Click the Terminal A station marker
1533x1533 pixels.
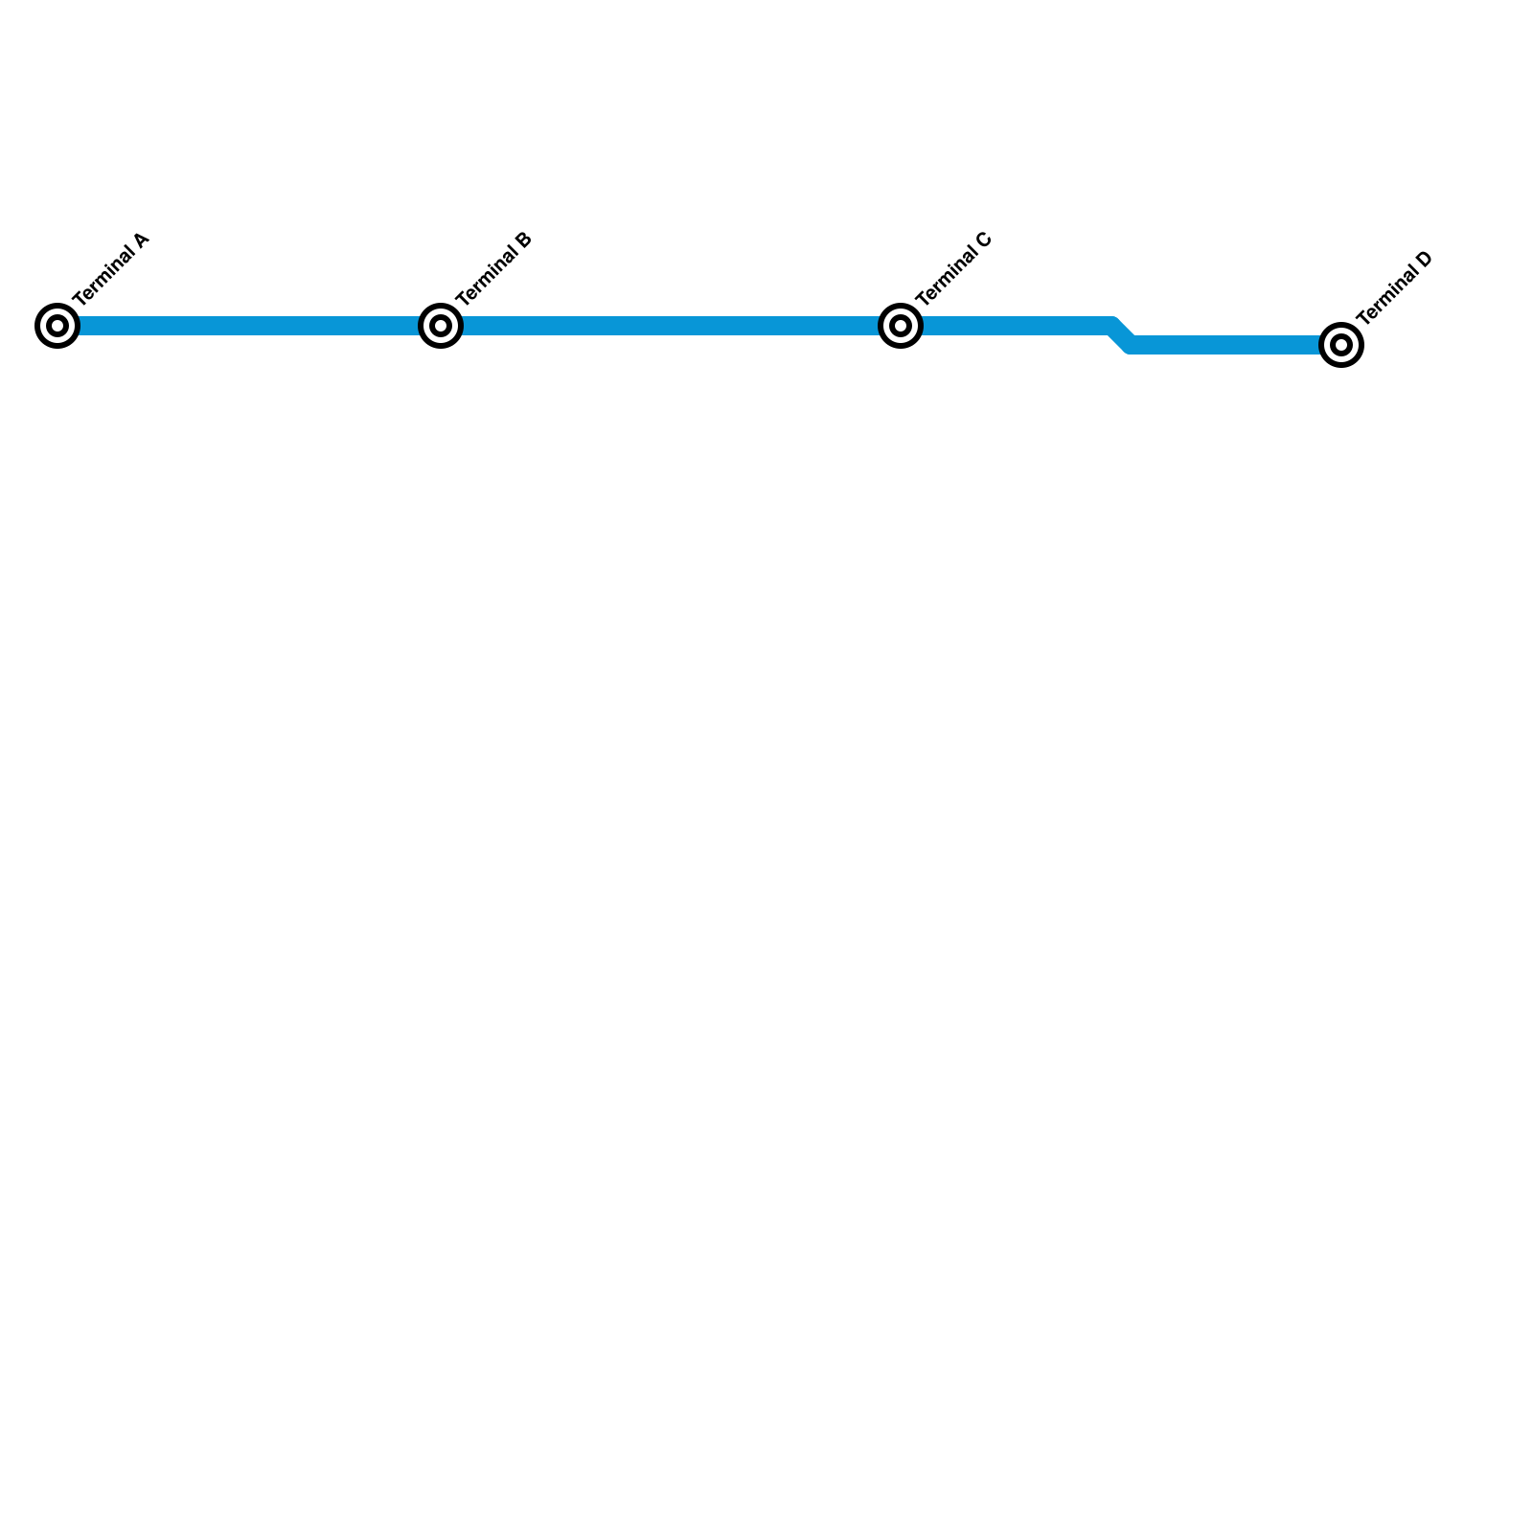coord(57,326)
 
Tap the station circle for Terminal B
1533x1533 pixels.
coord(441,326)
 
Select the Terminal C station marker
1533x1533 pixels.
coord(901,326)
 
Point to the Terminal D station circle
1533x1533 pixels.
coord(1341,345)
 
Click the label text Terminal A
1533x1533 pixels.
coord(111,269)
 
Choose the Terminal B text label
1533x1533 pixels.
coord(493,269)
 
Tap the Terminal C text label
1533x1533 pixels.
coord(953,269)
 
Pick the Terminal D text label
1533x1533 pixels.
coord(1394,288)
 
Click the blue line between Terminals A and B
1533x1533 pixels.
coord(249,326)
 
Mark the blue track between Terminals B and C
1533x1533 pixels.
coord(671,326)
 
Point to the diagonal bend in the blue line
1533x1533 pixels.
coord(1122,335)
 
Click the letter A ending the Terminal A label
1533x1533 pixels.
coord(141,240)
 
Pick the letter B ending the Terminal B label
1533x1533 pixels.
coord(523,240)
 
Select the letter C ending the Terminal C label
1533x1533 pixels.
coord(983,240)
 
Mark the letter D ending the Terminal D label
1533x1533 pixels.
coord(1424,259)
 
